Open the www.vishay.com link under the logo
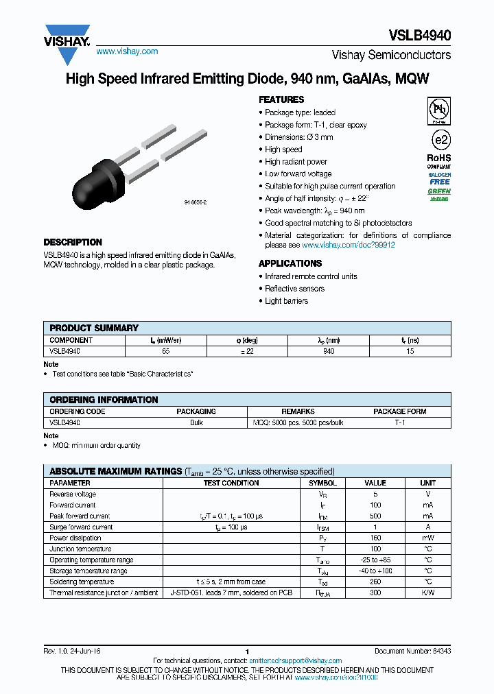click(127, 51)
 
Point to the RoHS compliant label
click(439, 161)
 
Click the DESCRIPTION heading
click(73, 242)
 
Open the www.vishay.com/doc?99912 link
click(348, 245)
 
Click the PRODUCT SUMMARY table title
click(94, 328)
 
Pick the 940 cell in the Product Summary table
click(329, 351)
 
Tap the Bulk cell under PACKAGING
click(196, 423)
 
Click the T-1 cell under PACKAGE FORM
click(399, 423)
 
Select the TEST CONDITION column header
click(231, 483)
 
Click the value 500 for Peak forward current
click(375, 516)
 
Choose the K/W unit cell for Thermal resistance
click(427, 593)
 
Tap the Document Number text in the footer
click(412, 651)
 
